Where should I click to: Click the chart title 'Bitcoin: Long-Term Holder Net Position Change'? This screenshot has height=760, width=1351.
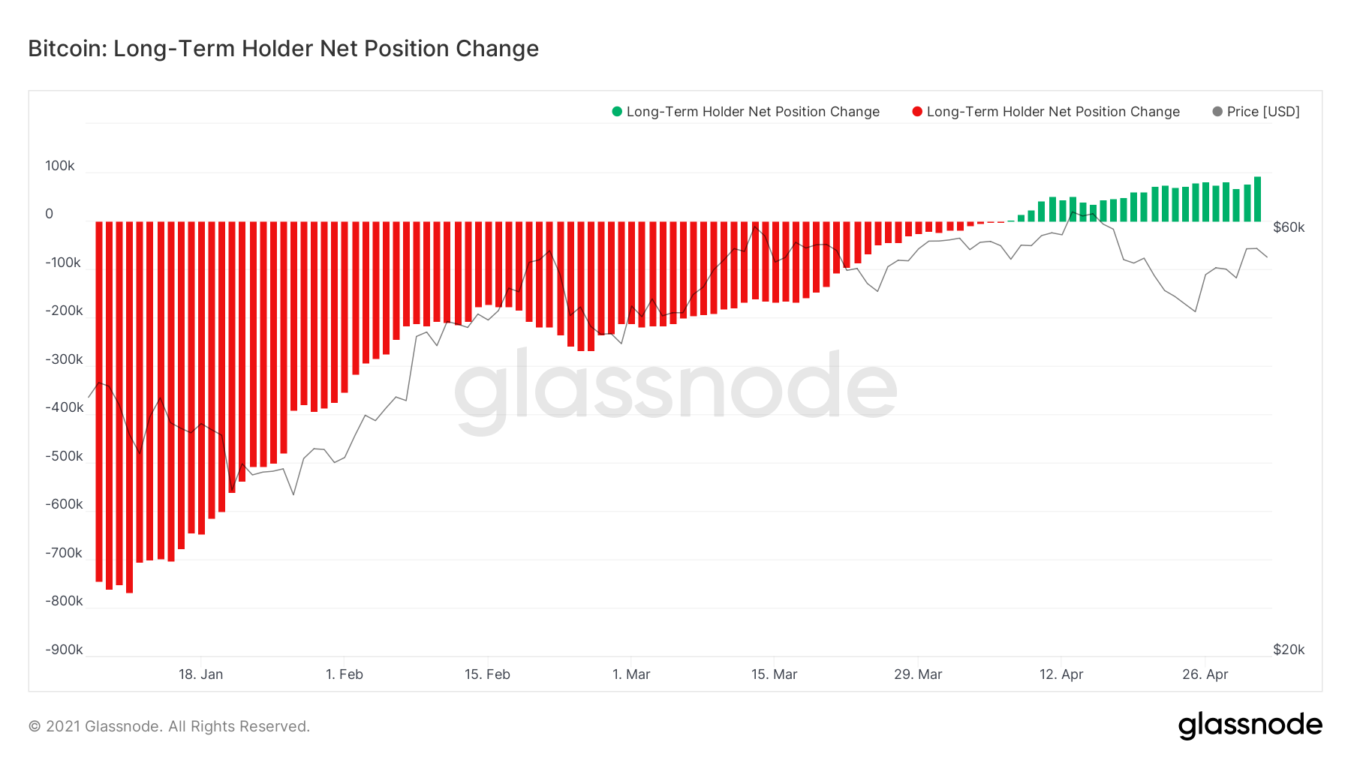[x=283, y=49]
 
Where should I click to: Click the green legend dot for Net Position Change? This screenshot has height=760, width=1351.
[x=617, y=112]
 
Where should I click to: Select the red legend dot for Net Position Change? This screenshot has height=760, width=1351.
[x=916, y=112]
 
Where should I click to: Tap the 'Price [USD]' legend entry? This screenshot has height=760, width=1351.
[x=1262, y=112]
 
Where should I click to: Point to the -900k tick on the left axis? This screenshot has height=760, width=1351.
[x=64, y=650]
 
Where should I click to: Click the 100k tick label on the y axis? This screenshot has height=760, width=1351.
[x=60, y=166]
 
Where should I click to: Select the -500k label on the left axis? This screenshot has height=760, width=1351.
[x=64, y=456]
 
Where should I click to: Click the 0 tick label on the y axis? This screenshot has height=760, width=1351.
[x=50, y=214]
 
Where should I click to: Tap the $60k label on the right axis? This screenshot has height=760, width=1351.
[x=1289, y=227]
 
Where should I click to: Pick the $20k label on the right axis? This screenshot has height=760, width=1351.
[x=1289, y=650]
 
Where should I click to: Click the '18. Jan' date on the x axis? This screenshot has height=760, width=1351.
[x=200, y=674]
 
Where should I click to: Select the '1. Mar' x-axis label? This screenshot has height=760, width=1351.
[x=631, y=674]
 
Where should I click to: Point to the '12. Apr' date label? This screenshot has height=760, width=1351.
[x=1061, y=674]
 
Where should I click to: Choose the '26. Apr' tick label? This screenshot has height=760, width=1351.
[x=1205, y=674]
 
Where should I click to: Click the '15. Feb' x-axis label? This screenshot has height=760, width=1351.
[x=487, y=674]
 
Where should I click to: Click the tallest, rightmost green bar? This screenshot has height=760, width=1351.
[x=1257, y=200]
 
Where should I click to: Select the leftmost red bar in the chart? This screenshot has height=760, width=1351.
[x=99, y=401]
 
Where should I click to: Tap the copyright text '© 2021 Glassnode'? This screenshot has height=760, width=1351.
[x=169, y=726]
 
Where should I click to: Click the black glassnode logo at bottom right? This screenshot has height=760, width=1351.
[x=1250, y=725]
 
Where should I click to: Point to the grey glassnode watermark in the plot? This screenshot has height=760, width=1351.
[x=675, y=390]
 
